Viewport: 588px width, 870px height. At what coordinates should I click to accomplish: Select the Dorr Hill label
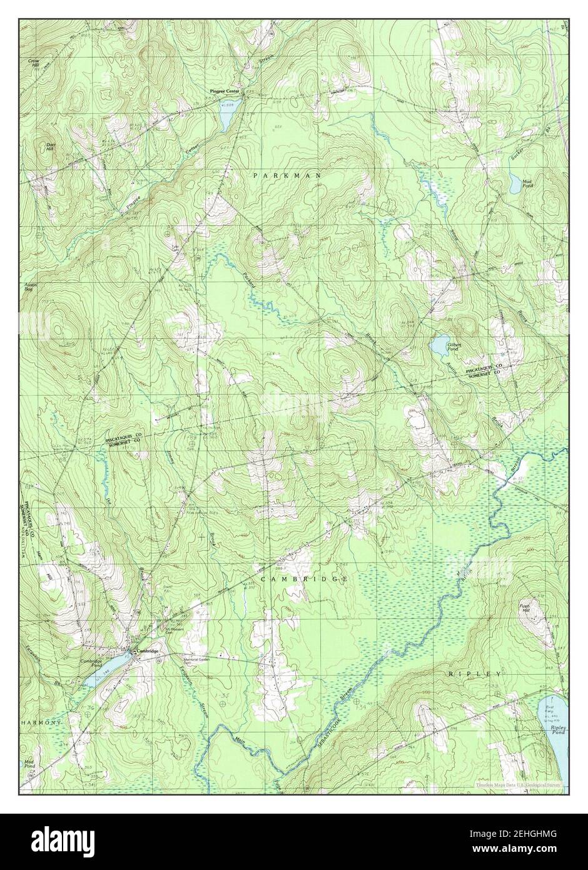(x=51, y=147)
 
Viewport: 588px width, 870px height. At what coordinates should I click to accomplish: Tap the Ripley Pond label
(x=558, y=730)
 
